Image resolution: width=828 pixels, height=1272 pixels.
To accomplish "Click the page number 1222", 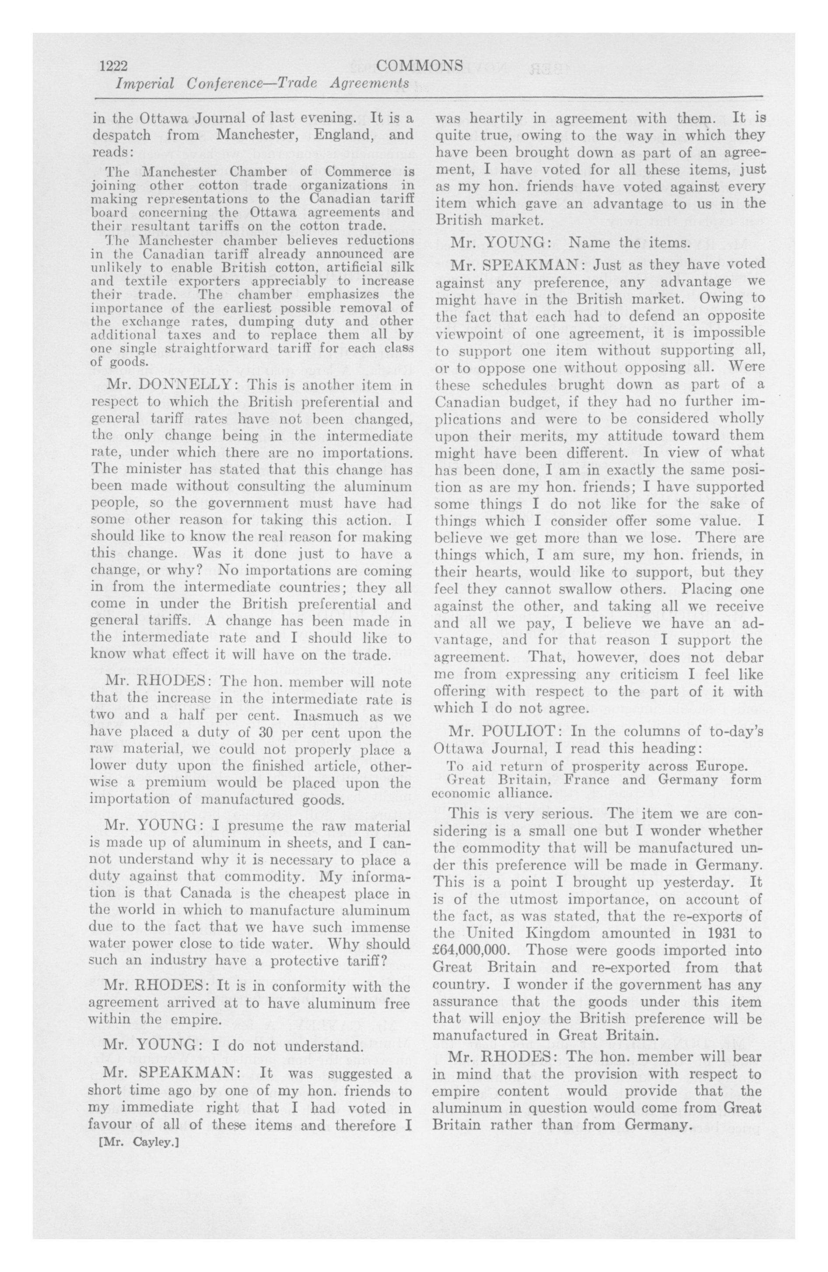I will click(113, 66).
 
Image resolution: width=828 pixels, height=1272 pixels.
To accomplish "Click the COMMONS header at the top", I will click(419, 65).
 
